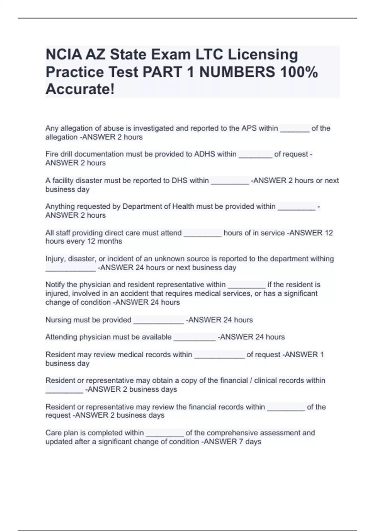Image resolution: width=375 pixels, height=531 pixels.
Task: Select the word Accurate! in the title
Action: pos(80,89)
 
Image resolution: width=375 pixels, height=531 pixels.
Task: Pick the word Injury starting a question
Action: pos(55,259)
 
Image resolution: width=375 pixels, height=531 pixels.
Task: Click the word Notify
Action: pos(55,285)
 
